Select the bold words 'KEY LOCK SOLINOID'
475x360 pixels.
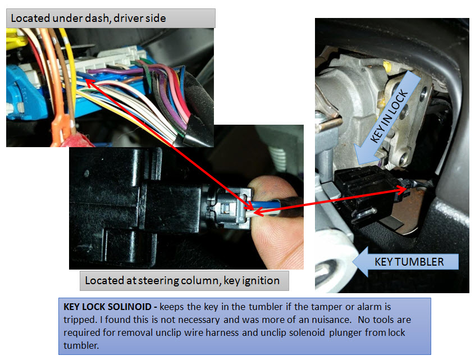coord(107,307)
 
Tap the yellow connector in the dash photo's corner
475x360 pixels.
coord(15,39)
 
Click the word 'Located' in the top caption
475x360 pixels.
coord(30,18)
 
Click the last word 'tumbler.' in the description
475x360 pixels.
coord(81,345)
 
